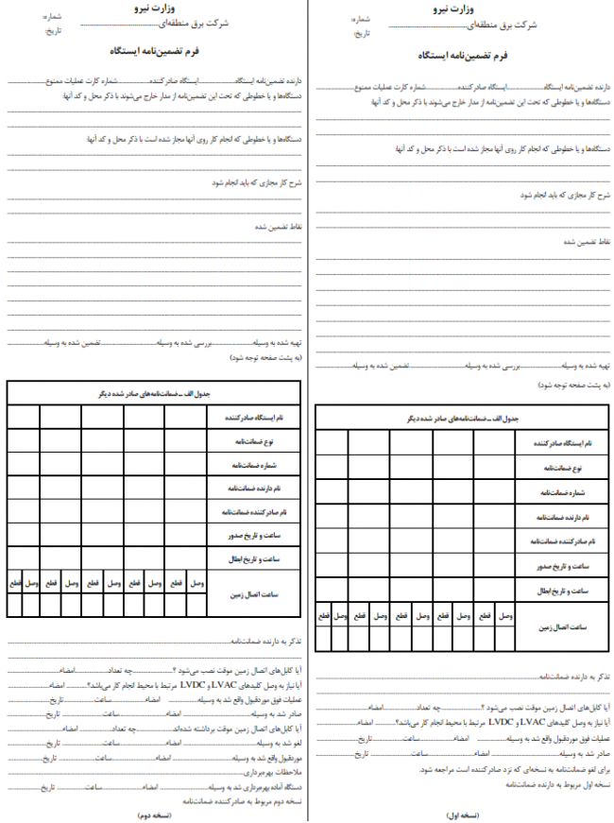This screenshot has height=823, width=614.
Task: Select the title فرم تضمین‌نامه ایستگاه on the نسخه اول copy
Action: point(462,56)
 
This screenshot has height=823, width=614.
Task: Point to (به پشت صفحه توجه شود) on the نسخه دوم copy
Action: point(255,359)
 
